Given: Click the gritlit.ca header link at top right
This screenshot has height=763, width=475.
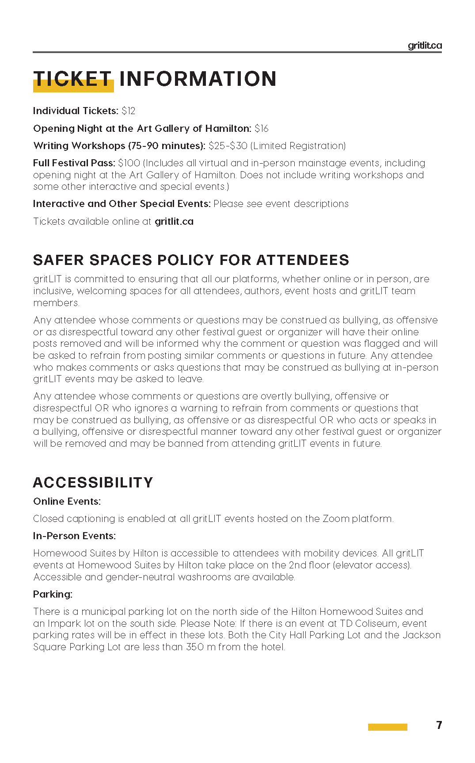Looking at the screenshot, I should tap(424, 46).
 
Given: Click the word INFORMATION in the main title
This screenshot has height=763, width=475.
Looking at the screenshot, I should tap(198, 79).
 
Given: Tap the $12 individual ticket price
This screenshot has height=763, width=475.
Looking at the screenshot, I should tap(129, 111).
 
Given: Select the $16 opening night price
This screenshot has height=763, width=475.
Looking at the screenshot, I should tap(262, 129).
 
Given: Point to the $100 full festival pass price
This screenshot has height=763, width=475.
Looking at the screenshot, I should tap(129, 163).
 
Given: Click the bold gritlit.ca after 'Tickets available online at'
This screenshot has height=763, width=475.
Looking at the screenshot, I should tap(174, 222).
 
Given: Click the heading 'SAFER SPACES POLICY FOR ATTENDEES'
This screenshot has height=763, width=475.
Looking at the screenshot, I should tap(191, 260).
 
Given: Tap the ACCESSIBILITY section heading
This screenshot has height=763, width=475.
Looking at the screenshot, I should tap(93, 483).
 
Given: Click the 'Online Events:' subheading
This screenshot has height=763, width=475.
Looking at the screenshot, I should tap(67, 502).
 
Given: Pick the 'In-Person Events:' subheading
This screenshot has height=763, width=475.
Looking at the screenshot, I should tap(74, 536).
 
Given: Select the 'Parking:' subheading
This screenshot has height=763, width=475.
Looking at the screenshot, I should tap(53, 594).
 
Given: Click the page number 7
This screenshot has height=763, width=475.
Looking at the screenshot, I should tap(439, 725).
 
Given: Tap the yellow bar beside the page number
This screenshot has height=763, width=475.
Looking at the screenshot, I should tap(388, 727).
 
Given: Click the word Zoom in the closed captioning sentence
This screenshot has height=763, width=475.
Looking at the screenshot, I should tap(336, 519).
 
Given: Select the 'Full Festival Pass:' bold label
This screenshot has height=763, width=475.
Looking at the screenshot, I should tap(74, 163).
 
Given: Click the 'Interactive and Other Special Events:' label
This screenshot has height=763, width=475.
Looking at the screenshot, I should tap(122, 204).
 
